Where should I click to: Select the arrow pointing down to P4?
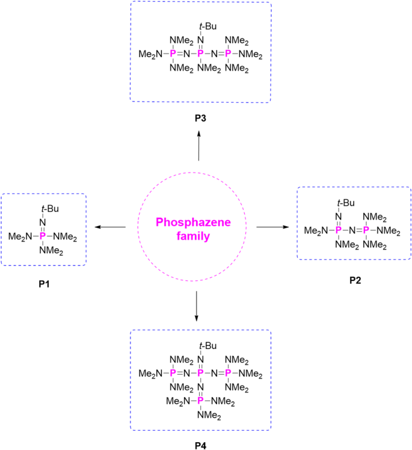(x=197, y=306)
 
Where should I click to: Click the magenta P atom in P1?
(x=42, y=237)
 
